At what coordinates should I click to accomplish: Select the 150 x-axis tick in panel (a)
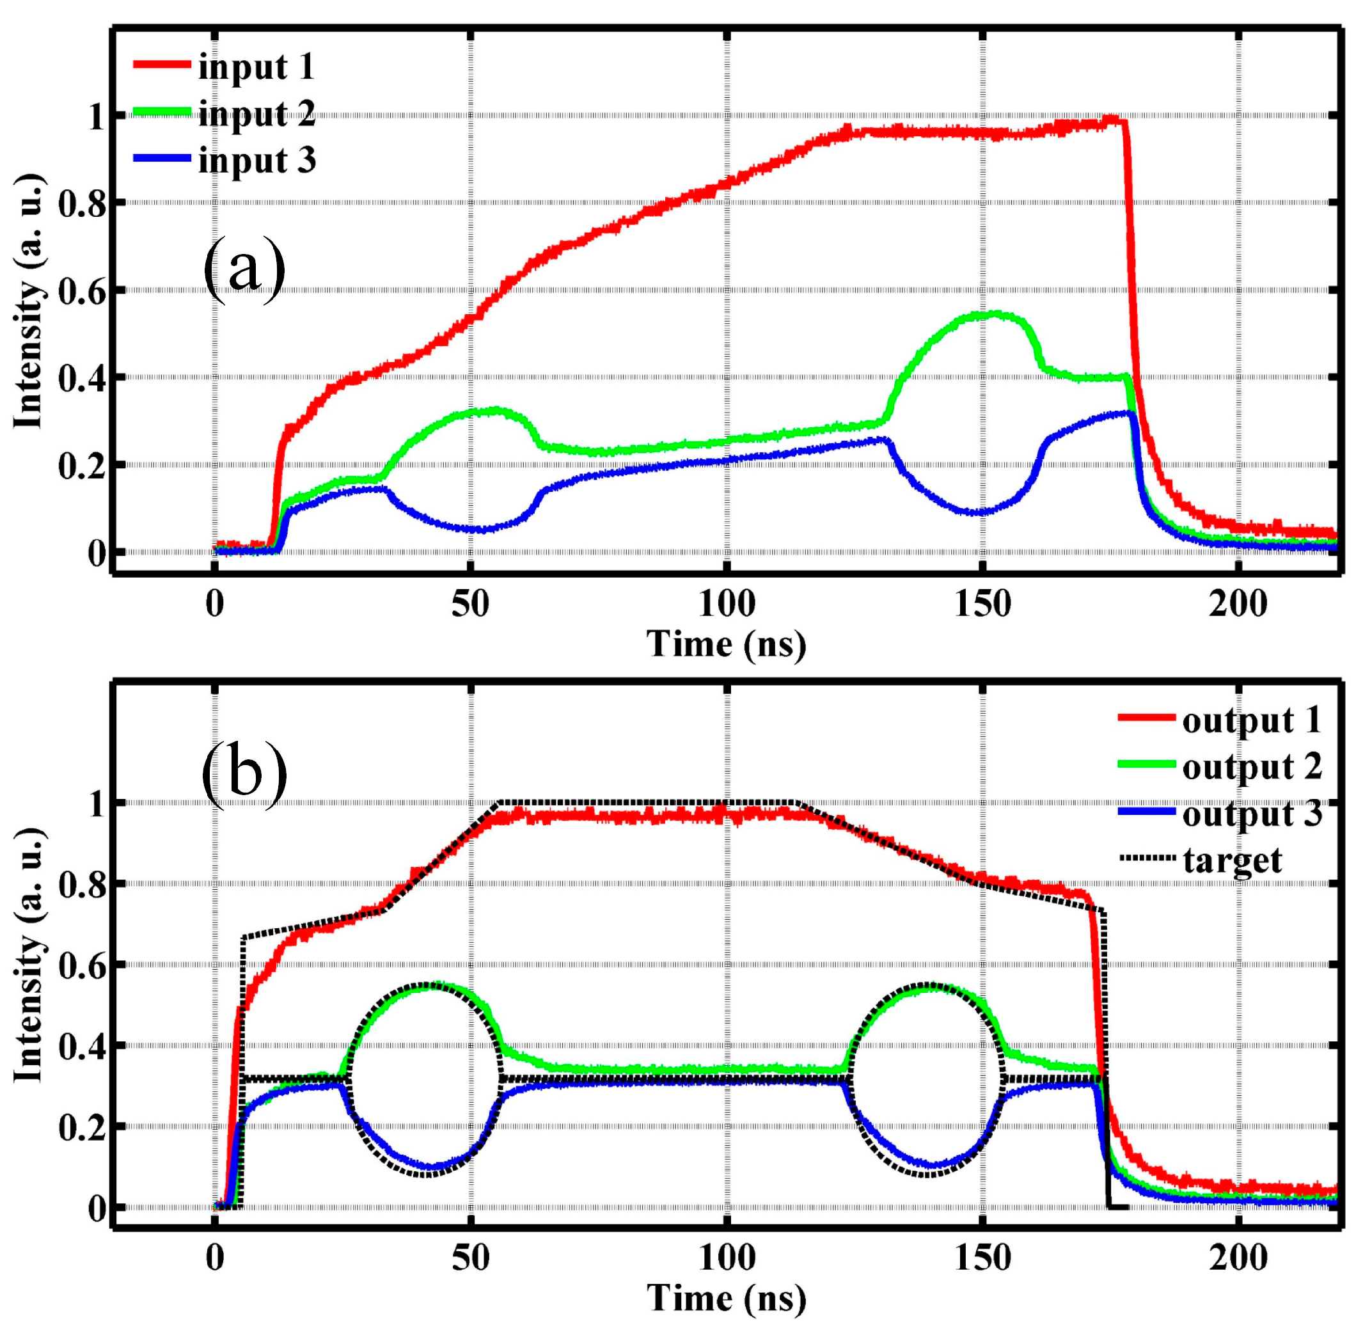pyautogui.click(x=982, y=604)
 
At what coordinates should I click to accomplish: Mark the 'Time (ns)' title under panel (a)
pyautogui.click(x=726, y=643)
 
